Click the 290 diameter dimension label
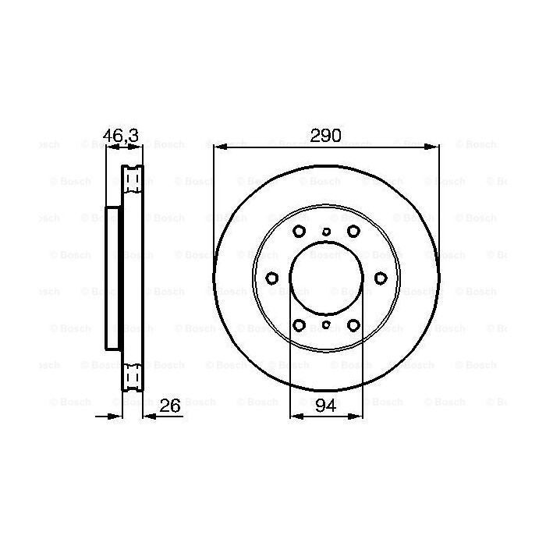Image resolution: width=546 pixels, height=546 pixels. tap(326, 136)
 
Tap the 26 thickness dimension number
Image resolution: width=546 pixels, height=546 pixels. tap(169, 406)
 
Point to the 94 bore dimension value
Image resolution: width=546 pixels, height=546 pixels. tap(326, 406)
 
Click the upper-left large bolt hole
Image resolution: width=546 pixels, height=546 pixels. tap(299, 231)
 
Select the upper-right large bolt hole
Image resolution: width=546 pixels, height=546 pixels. tap(353, 231)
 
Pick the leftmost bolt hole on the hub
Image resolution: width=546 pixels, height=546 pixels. tap(271, 278)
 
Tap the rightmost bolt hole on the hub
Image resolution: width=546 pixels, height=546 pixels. tap(381, 278)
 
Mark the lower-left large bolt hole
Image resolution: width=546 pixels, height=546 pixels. tap(299, 326)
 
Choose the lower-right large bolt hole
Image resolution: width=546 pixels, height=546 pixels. tap(353, 326)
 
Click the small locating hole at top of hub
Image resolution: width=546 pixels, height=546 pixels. tap(326, 231)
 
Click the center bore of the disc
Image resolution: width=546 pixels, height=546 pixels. tap(326, 278)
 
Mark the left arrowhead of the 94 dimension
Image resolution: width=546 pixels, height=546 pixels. tap(294, 417)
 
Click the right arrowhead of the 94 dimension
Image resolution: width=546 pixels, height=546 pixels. tap(358, 417)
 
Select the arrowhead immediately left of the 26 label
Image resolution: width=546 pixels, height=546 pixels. tap(149, 417)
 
